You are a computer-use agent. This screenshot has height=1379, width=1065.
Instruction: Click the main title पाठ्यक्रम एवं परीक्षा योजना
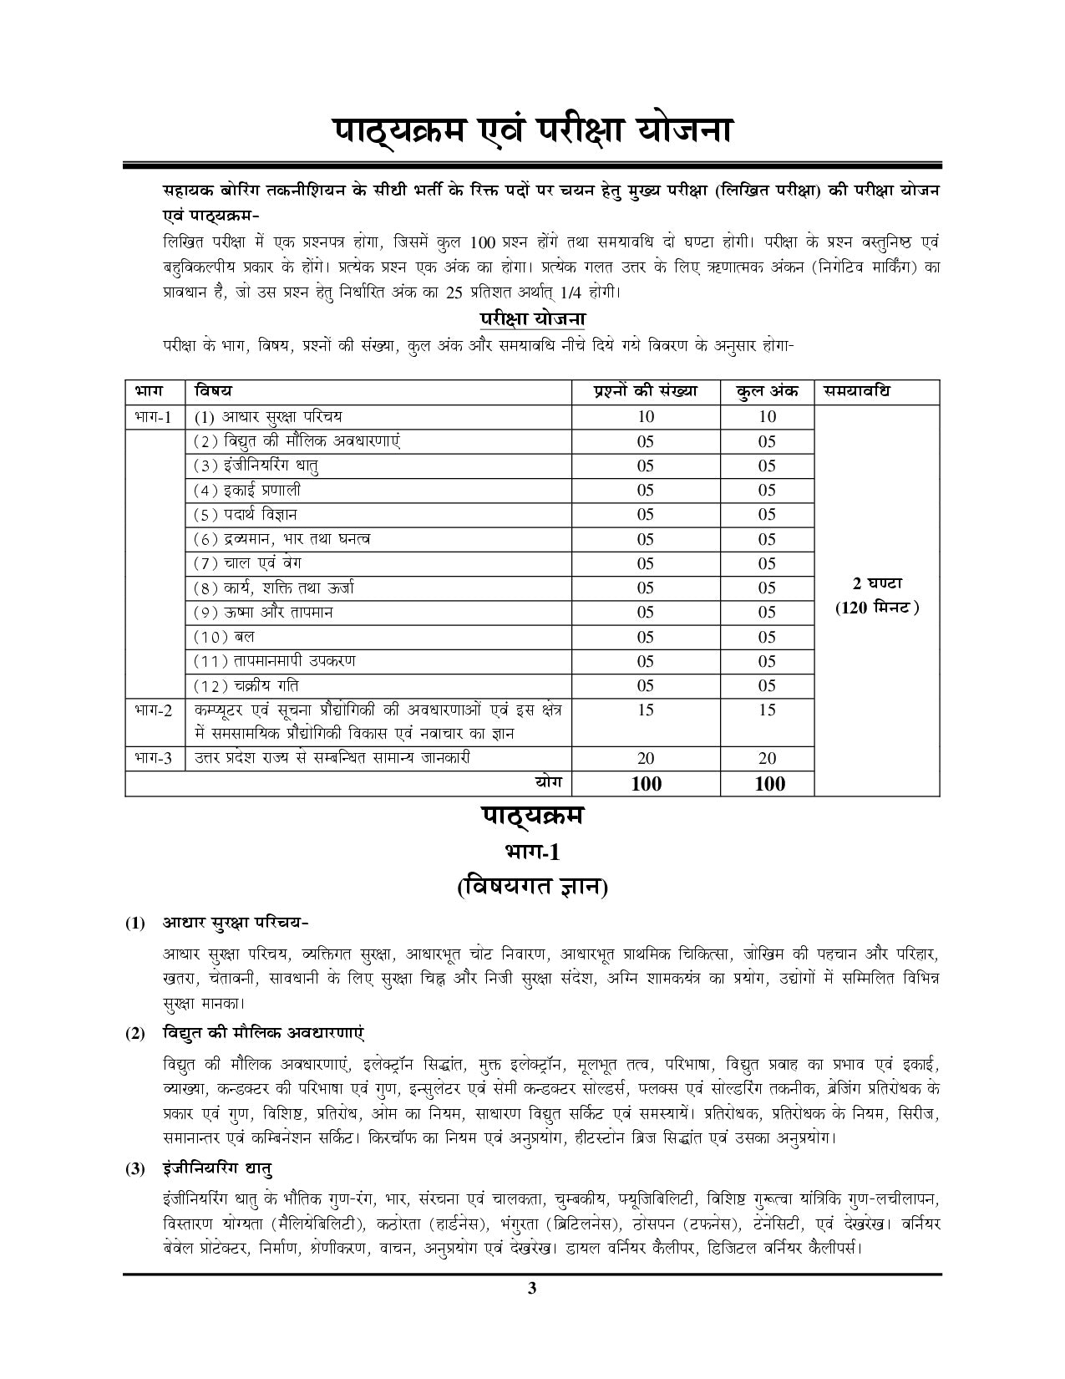point(533,131)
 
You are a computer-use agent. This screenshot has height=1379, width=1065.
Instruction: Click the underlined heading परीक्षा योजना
point(532,318)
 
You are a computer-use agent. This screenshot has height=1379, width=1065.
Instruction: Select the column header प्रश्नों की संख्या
point(645,391)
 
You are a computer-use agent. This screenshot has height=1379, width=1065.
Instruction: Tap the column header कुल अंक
point(767,391)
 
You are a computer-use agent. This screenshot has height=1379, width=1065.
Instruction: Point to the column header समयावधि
point(856,391)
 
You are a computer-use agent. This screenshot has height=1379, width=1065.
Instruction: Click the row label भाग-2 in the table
point(153,710)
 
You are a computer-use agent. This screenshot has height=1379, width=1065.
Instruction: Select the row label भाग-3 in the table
point(153,759)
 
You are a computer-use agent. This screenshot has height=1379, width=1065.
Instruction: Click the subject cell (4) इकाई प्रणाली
point(247,491)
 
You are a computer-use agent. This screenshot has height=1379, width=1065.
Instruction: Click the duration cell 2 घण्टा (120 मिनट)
point(877,595)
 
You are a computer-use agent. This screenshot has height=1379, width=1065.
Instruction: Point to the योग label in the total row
point(548,781)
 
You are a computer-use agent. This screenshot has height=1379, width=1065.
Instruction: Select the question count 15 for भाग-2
point(645,710)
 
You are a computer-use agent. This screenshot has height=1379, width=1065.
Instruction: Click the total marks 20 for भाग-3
point(767,759)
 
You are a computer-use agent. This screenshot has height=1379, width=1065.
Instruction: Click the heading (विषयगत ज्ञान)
point(532,888)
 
